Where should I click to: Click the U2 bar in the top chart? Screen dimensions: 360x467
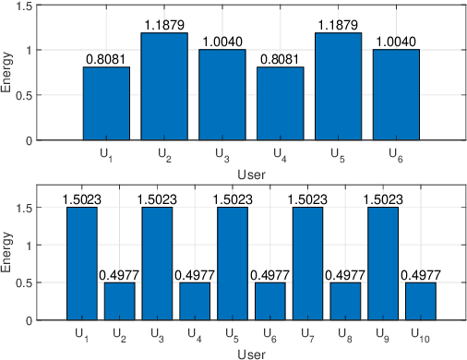[x=164, y=87]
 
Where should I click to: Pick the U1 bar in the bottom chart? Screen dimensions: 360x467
[x=81, y=264]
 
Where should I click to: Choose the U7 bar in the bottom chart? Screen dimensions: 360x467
[x=307, y=264]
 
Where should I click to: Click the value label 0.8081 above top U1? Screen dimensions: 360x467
[x=107, y=59]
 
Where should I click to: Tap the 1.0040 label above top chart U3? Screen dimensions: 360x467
[x=222, y=42]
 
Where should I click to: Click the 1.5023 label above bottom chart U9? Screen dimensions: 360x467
[x=383, y=199]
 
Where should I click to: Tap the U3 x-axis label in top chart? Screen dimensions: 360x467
[x=222, y=153]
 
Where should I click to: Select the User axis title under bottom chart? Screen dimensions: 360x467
[x=250, y=352]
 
